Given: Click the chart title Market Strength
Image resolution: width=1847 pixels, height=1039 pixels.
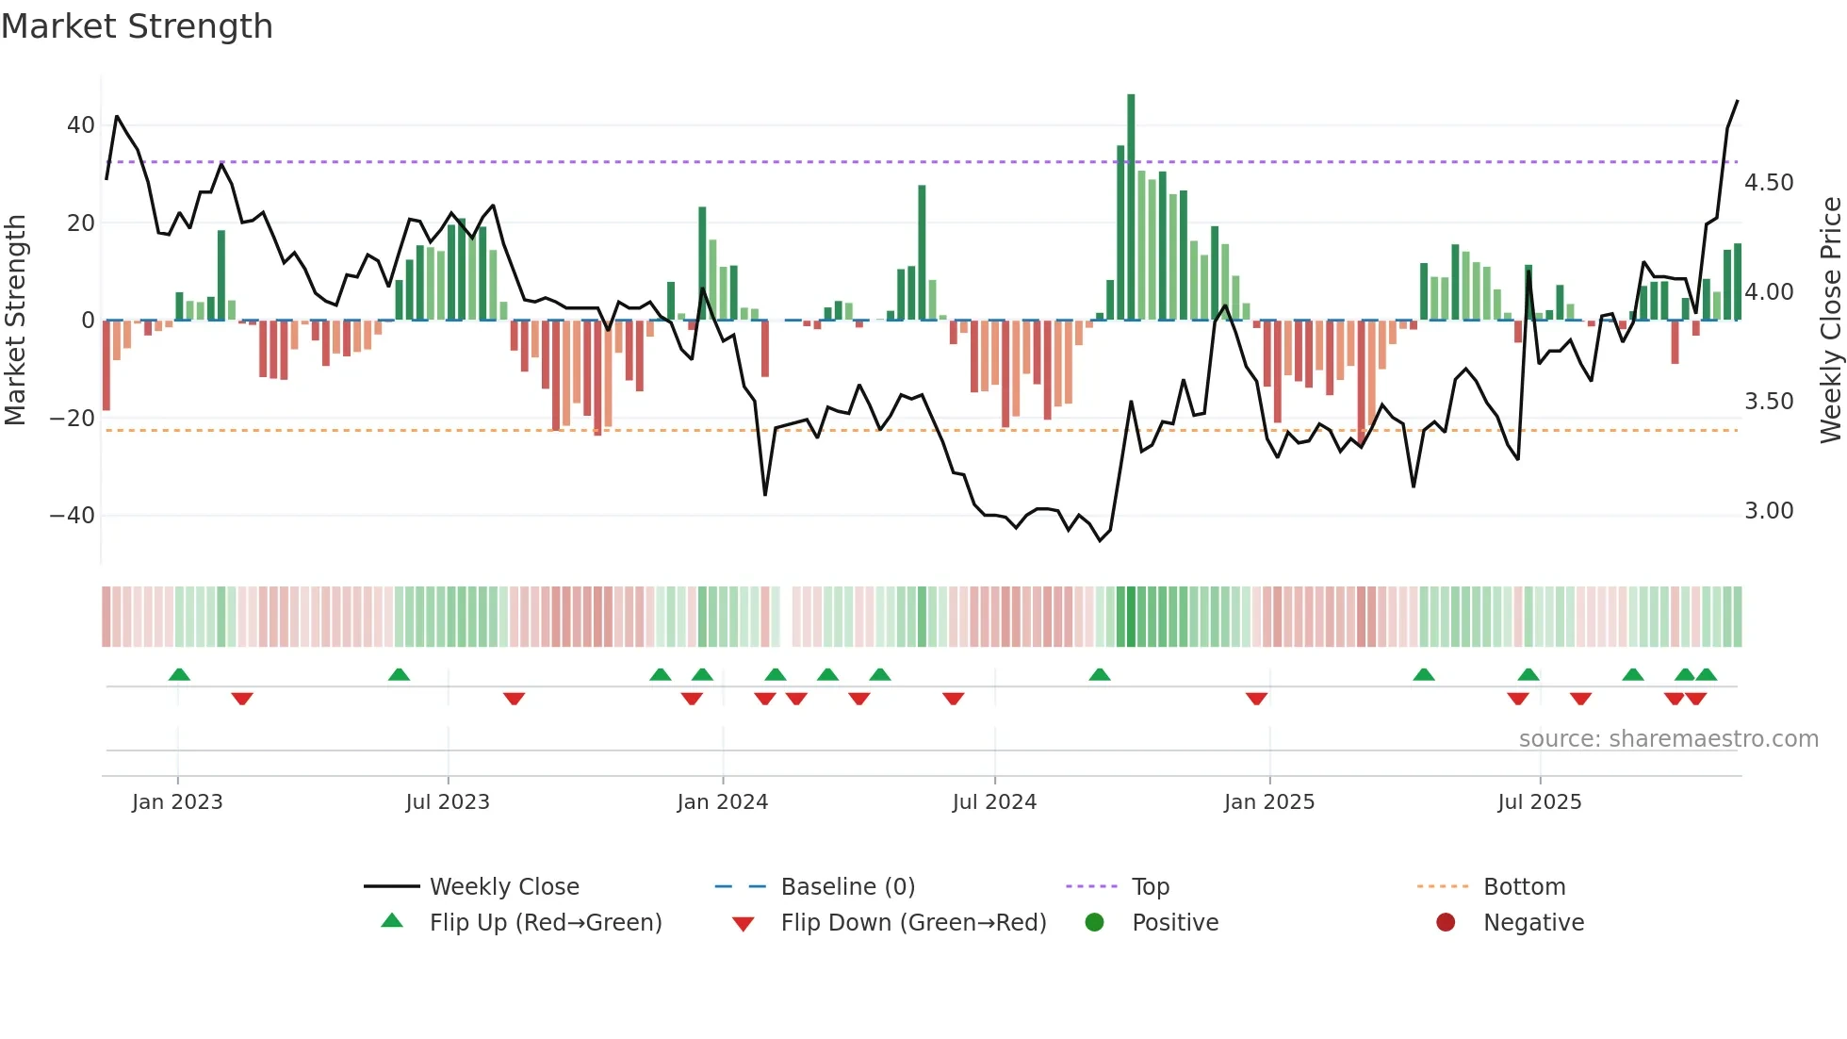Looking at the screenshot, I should [137, 26].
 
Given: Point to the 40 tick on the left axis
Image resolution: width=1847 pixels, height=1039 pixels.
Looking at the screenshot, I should [80, 125].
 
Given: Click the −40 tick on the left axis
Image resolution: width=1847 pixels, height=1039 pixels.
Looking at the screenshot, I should [73, 516].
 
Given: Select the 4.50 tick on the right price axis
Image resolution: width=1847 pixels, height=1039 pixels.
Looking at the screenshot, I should [1769, 183].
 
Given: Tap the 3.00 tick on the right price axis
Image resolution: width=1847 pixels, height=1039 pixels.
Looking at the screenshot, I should [1769, 511].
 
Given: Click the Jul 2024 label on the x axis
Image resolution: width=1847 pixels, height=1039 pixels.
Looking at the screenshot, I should [994, 802].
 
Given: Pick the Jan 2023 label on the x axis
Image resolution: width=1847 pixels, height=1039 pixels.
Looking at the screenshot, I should [177, 802].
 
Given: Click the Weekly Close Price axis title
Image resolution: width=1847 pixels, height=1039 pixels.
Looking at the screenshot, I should [1830, 321].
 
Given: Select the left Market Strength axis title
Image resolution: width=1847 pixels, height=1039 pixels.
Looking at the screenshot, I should [15, 321].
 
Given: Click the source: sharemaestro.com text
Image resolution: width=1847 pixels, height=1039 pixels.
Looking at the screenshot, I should [1668, 739].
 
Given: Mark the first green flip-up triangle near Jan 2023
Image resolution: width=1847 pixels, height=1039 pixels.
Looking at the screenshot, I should [179, 674].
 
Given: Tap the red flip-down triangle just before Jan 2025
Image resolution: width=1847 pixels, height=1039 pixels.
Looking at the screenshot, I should [1256, 699].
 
